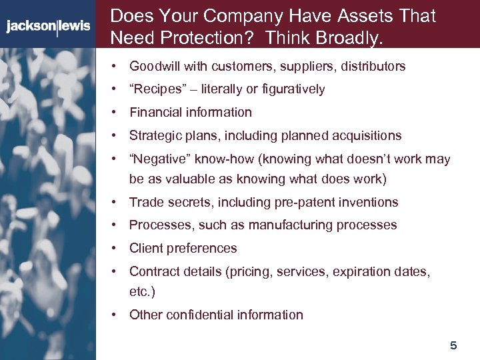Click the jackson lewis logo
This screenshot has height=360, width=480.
tap(47, 27)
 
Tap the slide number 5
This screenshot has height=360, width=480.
tap(453, 345)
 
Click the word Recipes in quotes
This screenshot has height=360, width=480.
tap(153, 89)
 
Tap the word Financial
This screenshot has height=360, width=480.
tap(156, 112)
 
